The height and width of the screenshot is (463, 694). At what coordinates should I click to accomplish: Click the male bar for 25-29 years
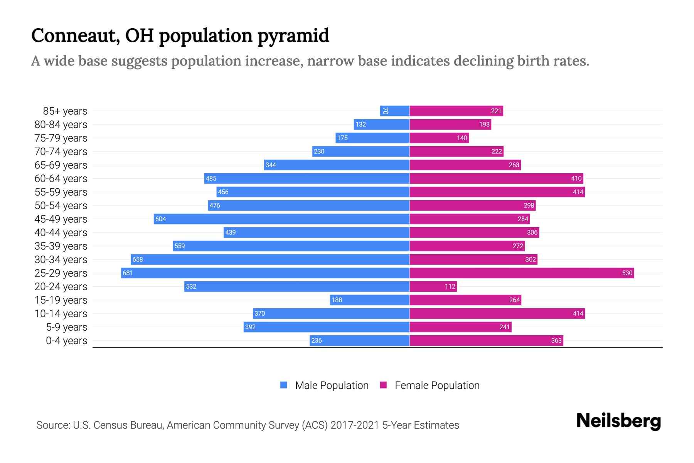tap(265, 273)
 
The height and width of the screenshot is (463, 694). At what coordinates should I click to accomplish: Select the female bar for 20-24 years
tap(433, 286)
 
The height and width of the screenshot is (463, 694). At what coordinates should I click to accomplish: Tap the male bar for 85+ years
tap(395, 111)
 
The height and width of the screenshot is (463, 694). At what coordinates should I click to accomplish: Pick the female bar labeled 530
tap(522, 273)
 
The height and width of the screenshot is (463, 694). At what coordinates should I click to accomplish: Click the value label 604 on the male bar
tap(160, 219)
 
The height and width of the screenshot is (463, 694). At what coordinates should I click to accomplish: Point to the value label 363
tap(556, 340)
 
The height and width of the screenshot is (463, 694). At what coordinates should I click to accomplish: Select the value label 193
tap(484, 124)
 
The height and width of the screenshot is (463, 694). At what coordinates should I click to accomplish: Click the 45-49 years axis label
tap(61, 219)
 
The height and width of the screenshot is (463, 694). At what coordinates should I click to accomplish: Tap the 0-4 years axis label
tap(66, 340)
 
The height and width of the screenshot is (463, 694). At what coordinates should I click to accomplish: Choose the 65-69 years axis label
tap(61, 165)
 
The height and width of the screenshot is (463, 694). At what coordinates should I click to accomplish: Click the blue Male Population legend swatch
tap(284, 385)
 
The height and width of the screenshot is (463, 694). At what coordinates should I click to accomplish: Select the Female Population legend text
tap(437, 385)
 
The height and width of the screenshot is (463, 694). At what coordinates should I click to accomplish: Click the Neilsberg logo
tap(618, 421)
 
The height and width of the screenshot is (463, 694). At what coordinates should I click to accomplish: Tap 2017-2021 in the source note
tap(355, 425)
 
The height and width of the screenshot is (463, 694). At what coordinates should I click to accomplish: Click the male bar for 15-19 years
tap(369, 300)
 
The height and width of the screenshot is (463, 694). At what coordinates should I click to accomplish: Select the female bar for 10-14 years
tap(497, 313)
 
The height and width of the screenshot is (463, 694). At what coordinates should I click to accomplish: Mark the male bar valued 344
tap(337, 165)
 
